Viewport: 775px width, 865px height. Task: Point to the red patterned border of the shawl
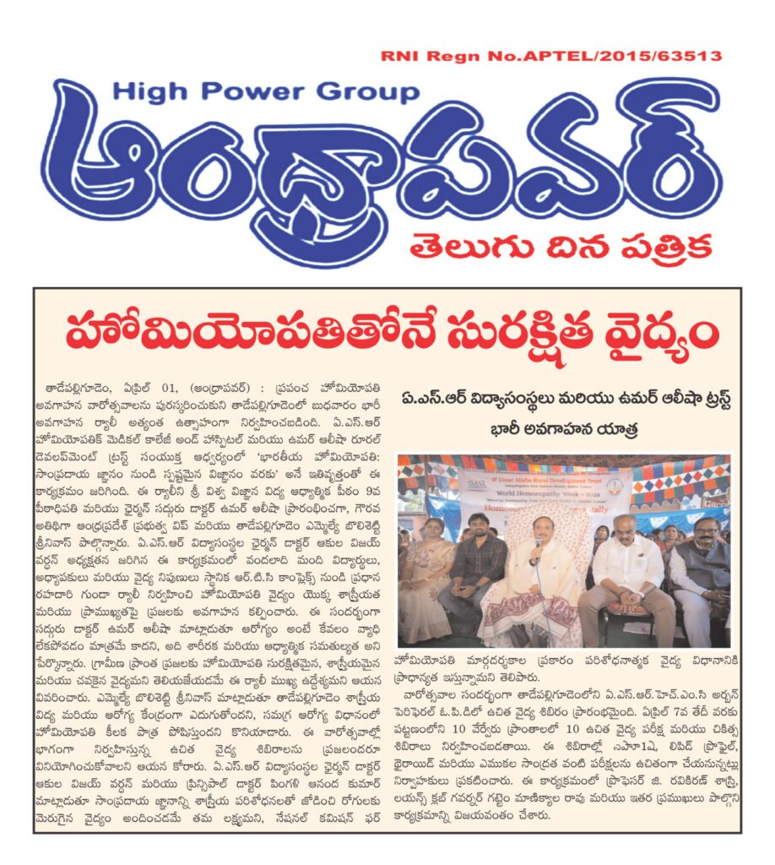528,625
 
